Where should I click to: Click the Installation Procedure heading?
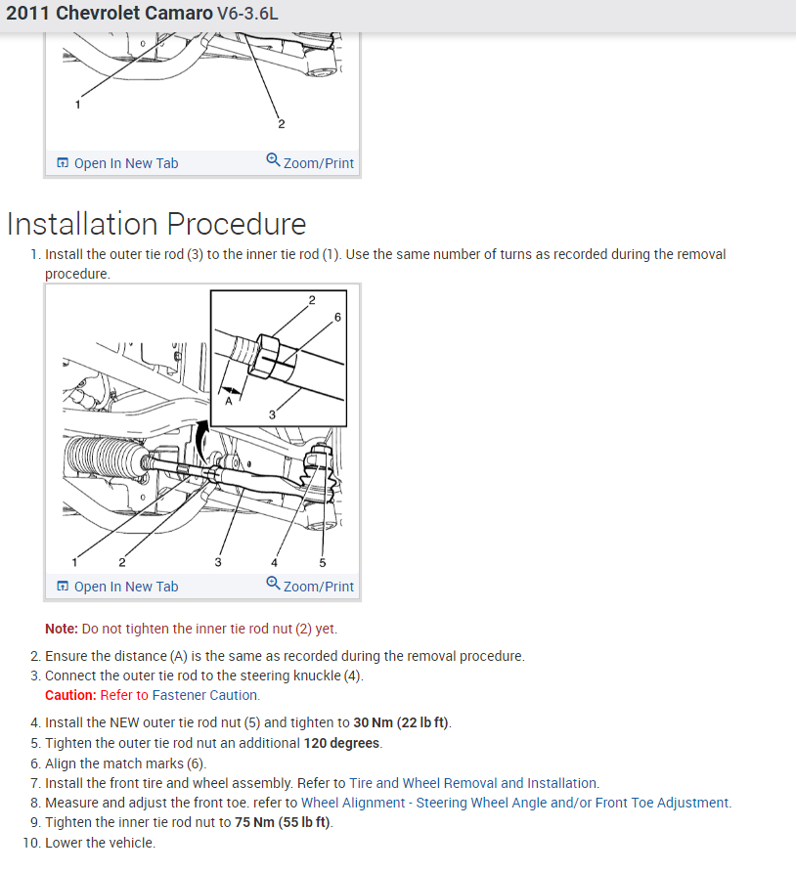pyautogui.click(x=156, y=224)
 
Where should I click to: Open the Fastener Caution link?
pyautogui.click(x=205, y=695)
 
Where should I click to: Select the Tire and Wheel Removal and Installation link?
pyautogui.click(x=473, y=783)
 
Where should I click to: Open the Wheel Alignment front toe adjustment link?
pyautogui.click(x=515, y=803)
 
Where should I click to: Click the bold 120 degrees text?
pyautogui.click(x=343, y=743)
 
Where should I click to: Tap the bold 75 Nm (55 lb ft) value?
pyautogui.click(x=283, y=822)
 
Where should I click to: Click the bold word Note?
pyautogui.click(x=61, y=629)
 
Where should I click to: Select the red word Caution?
pyautogui.click(x=70, y=695)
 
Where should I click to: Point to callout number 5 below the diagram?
pyautogui.click(x=323, y=562)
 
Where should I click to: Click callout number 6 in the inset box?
pyautogui.click(x=337, y=318)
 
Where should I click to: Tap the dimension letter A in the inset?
pyautogui.click(x=229, y=400)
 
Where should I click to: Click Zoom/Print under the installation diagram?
pyautogui.click(x=310, y=587)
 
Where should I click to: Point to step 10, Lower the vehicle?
pyautogui.click(x=100, y=843)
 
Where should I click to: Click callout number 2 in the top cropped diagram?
pyautogui.click(x=282, y=124)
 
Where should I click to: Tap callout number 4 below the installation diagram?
pyautogui.click(x=274, y=562)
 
